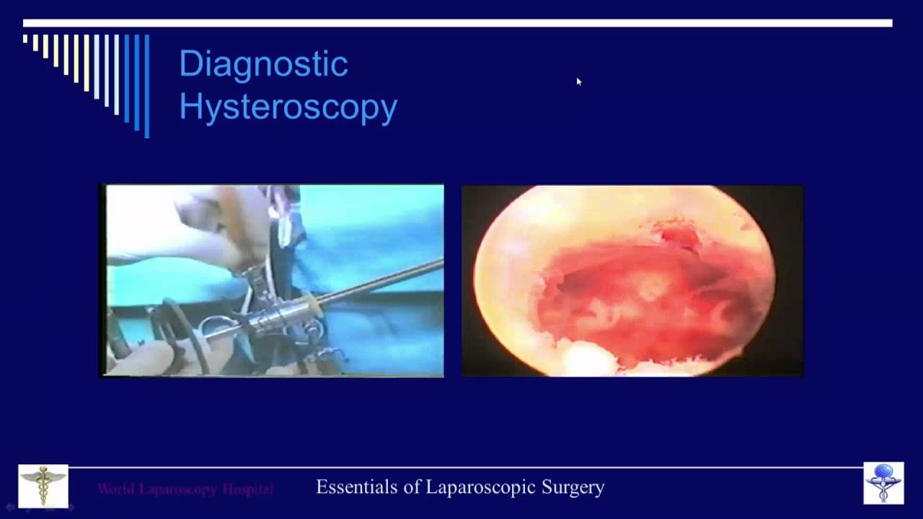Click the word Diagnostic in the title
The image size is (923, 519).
(x=263, y=64)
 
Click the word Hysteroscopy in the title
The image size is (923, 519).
(x=288, y=107)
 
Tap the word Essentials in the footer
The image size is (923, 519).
(x=356, y=487)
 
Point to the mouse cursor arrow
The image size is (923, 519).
(x=578, y=81)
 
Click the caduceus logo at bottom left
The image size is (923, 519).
(x=43, y=486)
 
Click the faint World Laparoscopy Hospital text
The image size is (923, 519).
(x=185, y=489)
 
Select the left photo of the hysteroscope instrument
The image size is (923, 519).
(x=272, y=280)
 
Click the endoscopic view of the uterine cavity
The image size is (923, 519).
(x=632, y=280)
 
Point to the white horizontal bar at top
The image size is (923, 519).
(x=458, y=23)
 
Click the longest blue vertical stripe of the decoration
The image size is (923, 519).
(x=147, y=85)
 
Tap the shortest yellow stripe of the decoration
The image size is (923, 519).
(x=25, y=39)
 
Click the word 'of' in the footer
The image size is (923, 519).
(x=412, y=487)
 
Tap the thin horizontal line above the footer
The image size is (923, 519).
(x=461, y=468)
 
